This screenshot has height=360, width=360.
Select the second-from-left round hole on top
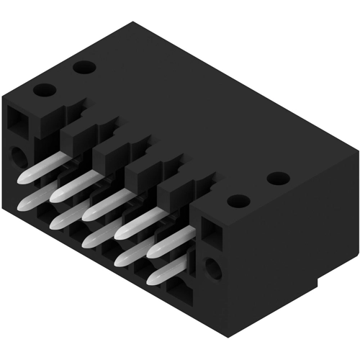point(84,69)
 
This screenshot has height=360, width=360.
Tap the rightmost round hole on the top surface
point(277,179)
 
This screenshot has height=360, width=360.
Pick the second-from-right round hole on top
point(238,202)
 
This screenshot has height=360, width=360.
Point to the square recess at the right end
point(208,231)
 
